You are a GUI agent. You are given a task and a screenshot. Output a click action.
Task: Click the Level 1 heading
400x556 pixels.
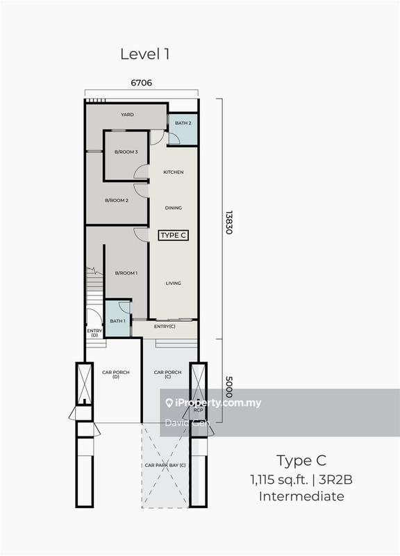144,54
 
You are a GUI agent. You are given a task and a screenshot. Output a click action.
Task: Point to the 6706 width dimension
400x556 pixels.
141,83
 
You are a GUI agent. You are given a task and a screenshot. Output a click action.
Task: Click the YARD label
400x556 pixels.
127,115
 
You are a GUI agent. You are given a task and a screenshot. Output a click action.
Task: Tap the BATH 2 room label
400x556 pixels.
183,123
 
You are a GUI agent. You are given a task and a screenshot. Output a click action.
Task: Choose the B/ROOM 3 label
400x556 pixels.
126,152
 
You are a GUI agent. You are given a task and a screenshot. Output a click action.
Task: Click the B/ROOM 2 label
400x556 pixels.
117,200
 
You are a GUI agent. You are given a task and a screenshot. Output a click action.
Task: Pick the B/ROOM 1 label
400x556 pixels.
126,273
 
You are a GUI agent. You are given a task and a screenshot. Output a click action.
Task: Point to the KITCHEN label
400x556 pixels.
174,172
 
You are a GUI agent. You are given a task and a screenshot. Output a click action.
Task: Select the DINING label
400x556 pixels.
174,207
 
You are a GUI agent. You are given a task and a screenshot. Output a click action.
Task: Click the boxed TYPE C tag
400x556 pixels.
174,236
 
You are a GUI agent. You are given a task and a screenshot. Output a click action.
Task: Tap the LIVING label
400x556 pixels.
174,283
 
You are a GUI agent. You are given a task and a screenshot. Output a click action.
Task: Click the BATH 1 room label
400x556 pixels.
117,320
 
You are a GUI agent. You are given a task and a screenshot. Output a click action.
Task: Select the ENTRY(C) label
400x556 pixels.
165,327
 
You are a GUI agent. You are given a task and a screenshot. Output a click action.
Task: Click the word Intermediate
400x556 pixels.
301,496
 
